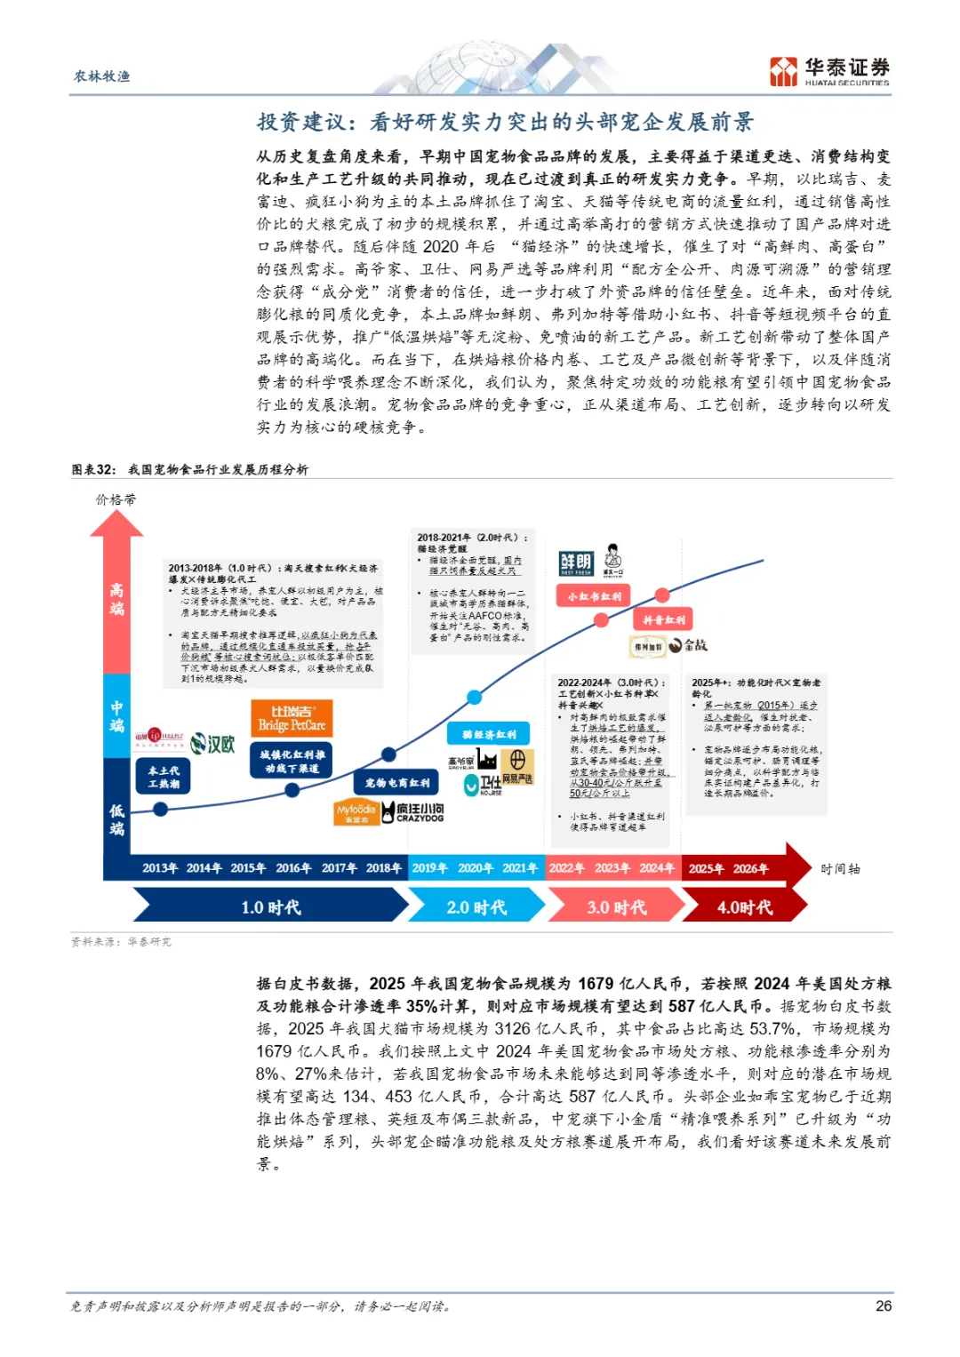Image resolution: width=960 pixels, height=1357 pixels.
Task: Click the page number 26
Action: (x=884, y=1305)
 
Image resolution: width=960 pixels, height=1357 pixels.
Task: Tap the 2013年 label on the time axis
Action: (x=160, y=868)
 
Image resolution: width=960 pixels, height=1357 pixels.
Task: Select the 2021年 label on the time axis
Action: (x=520, y=868)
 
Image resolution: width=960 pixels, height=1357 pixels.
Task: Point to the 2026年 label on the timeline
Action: (x=750, y=868)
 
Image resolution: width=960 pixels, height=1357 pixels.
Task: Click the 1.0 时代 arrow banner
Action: (x=270, y=907)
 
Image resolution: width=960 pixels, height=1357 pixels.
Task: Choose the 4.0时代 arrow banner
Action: (x=745, y=907)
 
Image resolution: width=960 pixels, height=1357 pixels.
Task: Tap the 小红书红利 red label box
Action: (x=595, y=596)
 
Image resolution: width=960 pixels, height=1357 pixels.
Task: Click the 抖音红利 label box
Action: (x=663, y=620)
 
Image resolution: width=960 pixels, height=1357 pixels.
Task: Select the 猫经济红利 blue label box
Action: (x=489, y=734)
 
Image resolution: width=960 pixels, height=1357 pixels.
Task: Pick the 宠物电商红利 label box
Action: (x=396, y=783)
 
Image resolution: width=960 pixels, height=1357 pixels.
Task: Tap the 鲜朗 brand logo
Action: (x=576, y=563)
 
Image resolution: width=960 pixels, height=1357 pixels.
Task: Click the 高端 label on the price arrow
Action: (x=116, y=599)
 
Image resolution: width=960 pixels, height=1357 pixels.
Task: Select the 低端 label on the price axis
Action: (x=116, y=819)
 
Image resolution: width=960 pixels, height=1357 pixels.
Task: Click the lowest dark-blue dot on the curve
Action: (x=160, y=809)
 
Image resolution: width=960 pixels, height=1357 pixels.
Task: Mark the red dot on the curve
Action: (x=661, y=595)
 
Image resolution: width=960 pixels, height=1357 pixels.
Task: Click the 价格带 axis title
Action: (x=116, y=499)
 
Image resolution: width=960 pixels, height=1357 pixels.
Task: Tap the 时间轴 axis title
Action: (x=840, y=868)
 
